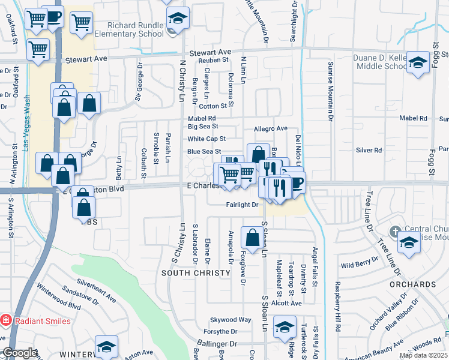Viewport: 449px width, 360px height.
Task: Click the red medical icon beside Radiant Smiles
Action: (5, 320)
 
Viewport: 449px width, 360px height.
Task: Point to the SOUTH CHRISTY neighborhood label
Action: (196, 273)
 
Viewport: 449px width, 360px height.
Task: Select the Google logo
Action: (20, 353)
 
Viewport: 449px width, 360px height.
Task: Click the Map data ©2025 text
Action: (423, 355)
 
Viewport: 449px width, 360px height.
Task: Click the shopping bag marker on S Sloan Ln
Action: (251, 237)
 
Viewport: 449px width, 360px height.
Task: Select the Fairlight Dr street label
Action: (242, 205)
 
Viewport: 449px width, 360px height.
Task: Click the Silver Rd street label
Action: (369, 151)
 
